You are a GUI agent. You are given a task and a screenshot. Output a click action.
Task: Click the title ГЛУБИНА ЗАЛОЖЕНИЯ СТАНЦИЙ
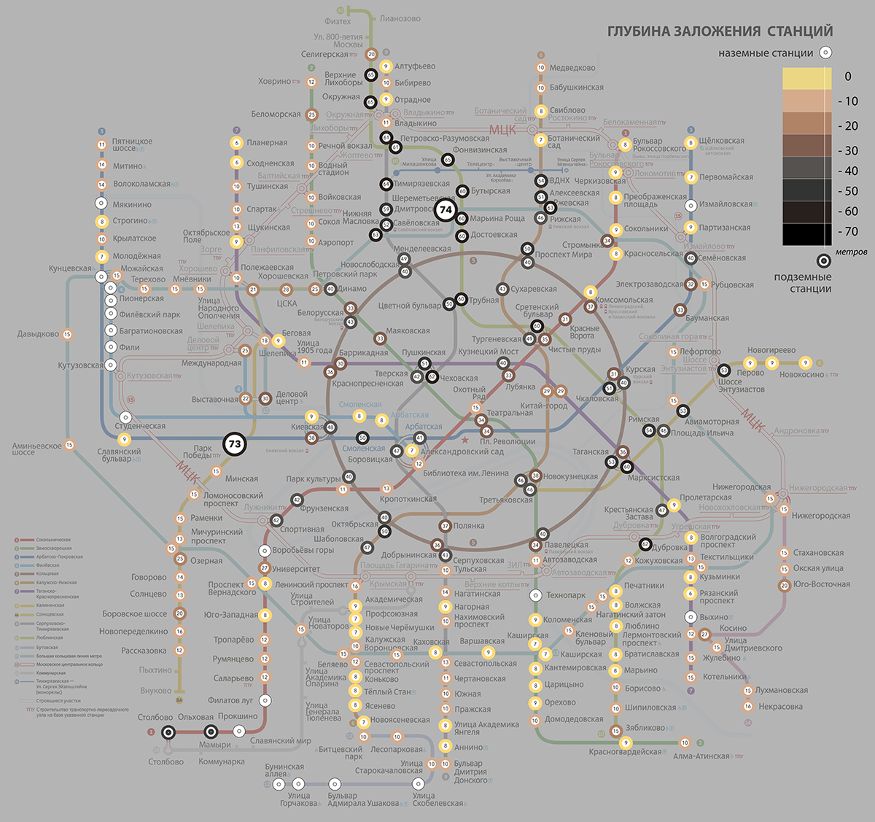(720, 31)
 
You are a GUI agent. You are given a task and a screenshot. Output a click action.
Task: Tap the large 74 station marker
(446, 210)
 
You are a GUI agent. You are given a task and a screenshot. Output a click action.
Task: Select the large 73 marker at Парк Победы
(235, 443)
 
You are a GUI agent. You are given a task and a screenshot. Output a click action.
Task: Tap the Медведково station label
(572, 68)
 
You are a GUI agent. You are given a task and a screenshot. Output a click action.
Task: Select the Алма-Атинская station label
(701, 756)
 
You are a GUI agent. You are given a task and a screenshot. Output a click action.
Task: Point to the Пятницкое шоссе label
(132, 144)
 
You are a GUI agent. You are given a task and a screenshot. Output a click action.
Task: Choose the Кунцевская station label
(70, 269)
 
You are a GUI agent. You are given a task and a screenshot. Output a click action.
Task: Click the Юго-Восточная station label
(821, 584)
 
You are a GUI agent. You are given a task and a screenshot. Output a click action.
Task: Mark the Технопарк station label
(566, 595)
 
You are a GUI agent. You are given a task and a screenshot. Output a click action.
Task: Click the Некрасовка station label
(780, 706)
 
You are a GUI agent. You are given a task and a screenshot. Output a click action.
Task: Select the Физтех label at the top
(338, 22)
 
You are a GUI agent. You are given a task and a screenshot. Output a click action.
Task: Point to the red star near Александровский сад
(464, 440)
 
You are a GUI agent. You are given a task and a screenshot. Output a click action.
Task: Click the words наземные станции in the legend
(766, 53)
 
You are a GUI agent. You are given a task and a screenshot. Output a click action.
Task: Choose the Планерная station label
(267, 143)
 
